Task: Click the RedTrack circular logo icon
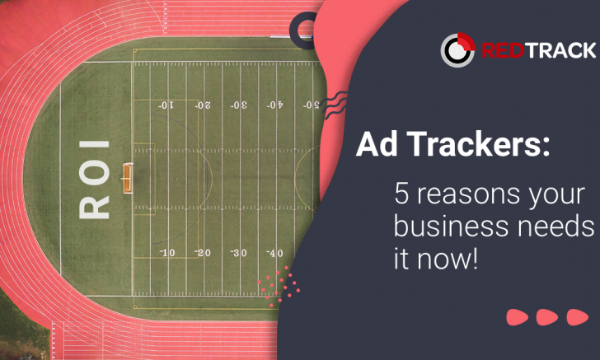[x=457, y=49]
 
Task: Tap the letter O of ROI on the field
[x=94, y=171]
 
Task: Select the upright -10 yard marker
[x=167, y=253]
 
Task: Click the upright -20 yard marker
[x=203, y=253]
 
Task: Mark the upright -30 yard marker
[x=239, y=253]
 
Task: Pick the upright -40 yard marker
[x=275, y=253]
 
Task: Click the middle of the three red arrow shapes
[x=546, y=317]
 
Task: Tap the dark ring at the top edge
[x=307, y=26]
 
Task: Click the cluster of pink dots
[x=279, y=285]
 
